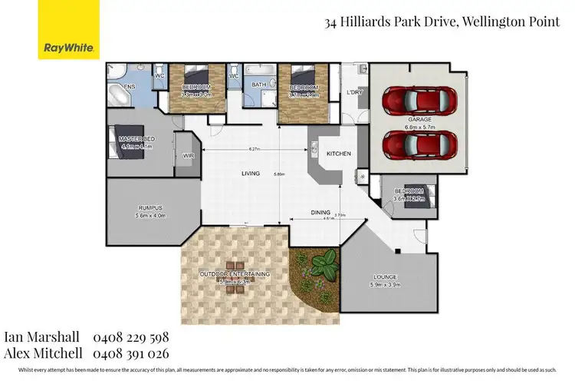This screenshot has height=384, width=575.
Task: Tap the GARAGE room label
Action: pos(418,118)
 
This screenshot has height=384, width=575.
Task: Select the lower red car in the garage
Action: pos(418,143)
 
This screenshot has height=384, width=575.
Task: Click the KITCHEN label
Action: pos(339,154)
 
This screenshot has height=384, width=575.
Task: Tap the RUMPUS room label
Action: pos(151,208)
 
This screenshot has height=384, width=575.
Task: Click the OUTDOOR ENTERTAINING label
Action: pos(234,274)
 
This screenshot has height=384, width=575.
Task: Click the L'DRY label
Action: pos(353,93)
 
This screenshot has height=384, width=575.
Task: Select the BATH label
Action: pos(259,85)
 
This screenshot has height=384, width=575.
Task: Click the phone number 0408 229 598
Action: pos(130,338)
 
